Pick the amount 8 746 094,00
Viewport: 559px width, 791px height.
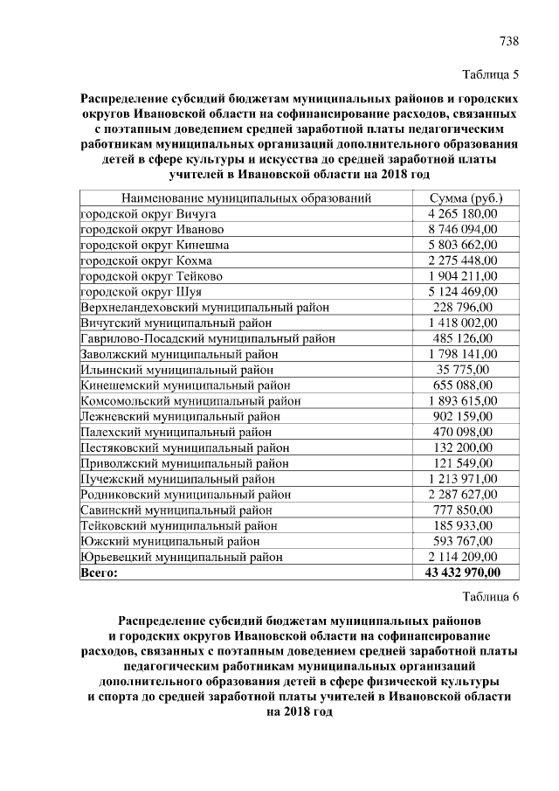462,229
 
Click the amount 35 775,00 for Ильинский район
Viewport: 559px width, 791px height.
462,370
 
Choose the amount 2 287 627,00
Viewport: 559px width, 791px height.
462,494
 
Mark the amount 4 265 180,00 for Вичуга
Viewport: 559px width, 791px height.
462,213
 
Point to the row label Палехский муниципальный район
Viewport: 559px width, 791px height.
176,432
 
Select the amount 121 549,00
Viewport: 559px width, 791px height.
462,463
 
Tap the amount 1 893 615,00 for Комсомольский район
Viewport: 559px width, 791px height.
462,400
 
